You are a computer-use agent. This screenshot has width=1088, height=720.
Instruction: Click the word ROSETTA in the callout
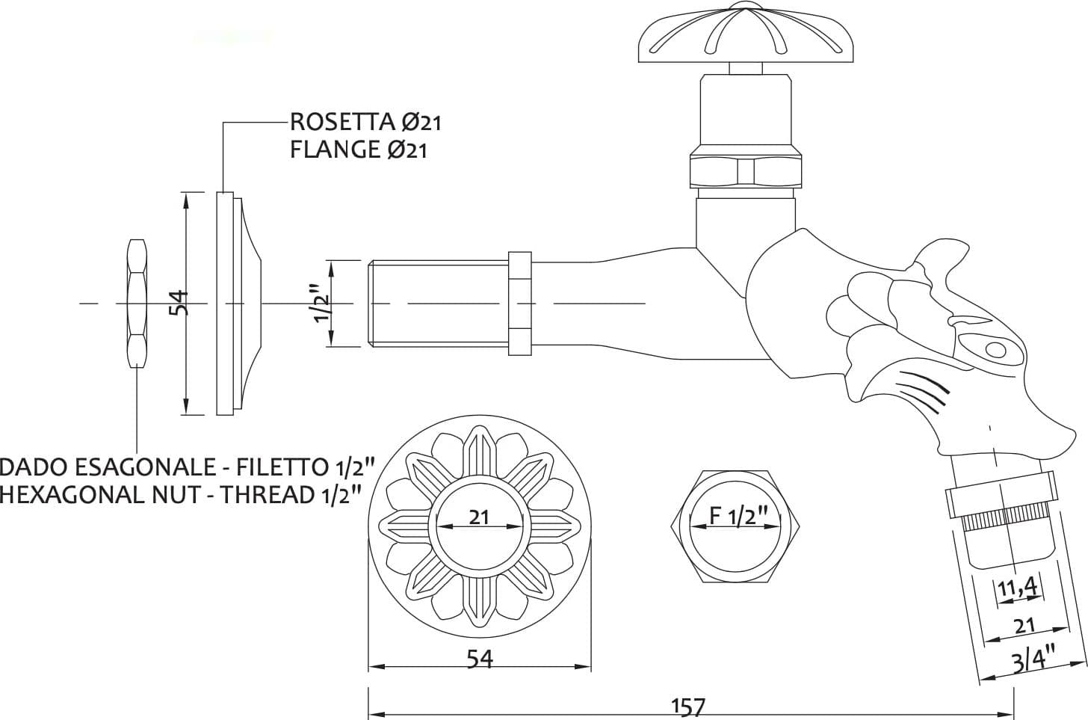click(x=342, y=122)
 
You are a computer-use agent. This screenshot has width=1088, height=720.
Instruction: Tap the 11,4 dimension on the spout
click(x=1016, y=588)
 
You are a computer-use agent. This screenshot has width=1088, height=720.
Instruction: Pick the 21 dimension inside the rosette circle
click(x=479, y=517)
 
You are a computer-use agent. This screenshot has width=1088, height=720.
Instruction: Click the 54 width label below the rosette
click(x=480, y=659)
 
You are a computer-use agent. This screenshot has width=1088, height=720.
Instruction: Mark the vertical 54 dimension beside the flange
click(x=179, y=303)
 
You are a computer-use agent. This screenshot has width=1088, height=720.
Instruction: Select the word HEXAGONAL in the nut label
click(x=72, y=494)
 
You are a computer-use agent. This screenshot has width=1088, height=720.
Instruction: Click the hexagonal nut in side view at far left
click(x=137, y=304)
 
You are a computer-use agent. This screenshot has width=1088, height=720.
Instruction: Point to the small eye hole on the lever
click(x=995, y=349)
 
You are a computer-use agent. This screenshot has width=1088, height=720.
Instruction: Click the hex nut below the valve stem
click(x=746, y=171)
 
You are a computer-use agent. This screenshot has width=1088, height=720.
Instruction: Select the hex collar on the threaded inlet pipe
click(x=520, y=304)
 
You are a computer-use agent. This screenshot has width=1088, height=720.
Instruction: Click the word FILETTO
click(x=282, y=467)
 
